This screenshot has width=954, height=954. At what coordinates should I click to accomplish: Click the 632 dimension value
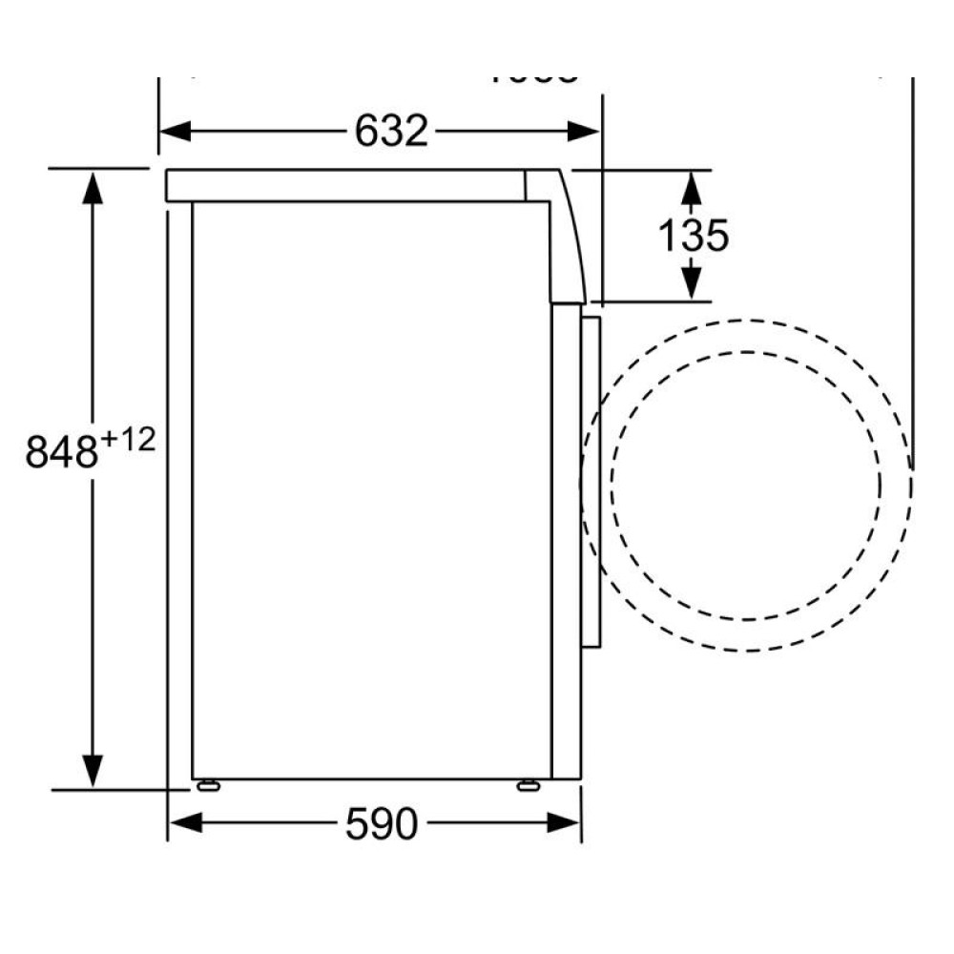pyautogui.click(x=391, y=132)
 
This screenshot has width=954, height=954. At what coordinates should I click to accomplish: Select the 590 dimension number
pyautogui.click(x=381, y=824)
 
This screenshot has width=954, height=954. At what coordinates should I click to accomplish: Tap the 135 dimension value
pyautogui.click(x=695, y=235)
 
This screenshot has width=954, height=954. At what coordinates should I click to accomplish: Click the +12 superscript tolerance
pyautogui.click(x=126, y=440)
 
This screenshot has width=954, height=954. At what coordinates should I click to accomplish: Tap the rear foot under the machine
pyautogui.click(x=207, y=785)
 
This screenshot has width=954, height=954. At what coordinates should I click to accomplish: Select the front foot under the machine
pyautogui.click(x=526, y=785)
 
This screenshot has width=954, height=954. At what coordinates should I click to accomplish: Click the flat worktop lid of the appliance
pyautogui.click(x=343, y=185)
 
